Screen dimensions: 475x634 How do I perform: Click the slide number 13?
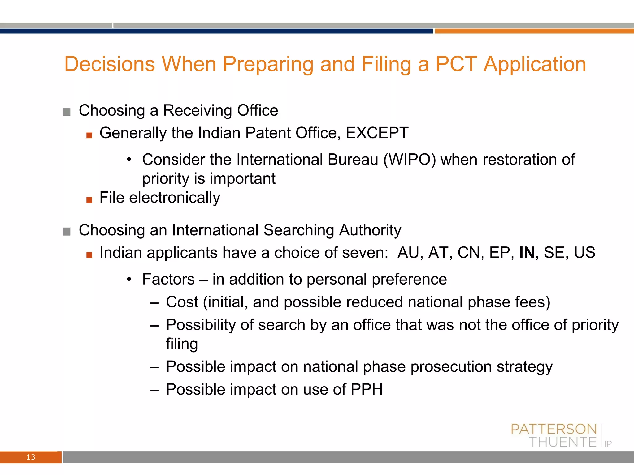pos(31,457)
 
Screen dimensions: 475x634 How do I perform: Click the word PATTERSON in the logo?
pos(554,429)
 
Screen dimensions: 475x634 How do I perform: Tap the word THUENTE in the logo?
pos(562,442)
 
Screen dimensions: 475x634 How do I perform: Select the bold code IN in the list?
pos(527,253)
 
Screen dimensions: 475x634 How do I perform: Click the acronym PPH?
pos(367,389)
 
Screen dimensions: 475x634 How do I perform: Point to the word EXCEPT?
pos(377,133)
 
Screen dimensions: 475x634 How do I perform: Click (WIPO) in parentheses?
pos(410,160)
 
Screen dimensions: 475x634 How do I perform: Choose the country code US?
pos(584,253)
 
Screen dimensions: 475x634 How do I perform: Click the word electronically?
pos(175,198)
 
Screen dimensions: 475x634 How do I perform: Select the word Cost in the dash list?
pos(182,302)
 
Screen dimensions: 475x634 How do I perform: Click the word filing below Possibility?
pos(182,344)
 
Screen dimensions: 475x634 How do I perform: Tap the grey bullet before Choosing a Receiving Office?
pos(67,112)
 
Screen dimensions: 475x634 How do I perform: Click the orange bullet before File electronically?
pos(89,200)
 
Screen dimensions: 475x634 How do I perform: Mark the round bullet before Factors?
pos(129,280)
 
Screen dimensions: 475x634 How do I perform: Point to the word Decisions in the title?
pos(110,64)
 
